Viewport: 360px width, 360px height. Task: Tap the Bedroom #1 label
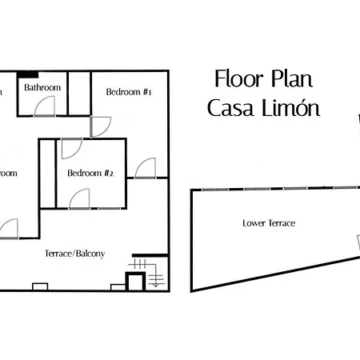tap(129, 93)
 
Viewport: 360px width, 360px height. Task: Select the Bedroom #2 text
tap(90, 173)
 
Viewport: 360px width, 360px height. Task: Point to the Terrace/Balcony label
tap(76, 254)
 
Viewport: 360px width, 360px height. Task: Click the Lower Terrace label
tap(269, 223)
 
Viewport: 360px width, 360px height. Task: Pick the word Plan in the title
tap(290, 79)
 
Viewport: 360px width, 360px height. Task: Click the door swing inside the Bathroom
tap(46, 106)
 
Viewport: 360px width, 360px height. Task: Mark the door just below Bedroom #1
tap(102, 126)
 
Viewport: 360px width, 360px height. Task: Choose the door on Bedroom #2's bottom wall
tap(80, 198)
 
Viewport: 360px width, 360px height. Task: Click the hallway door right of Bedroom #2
tap(146, 168)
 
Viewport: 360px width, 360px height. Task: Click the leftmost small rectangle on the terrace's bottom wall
tap(40, 286)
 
